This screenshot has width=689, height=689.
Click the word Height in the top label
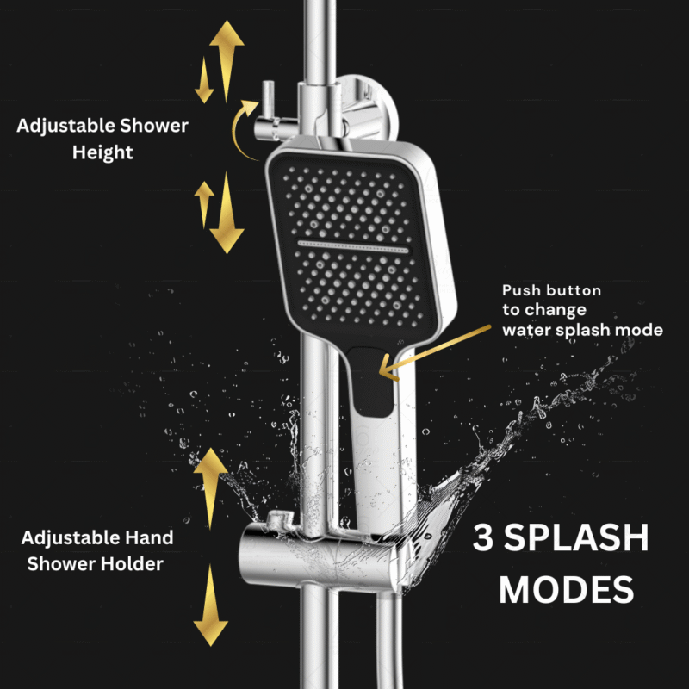102,152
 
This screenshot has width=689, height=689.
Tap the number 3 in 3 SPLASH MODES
485,539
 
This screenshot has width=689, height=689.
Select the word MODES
566,590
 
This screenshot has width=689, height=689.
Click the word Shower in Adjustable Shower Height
155,127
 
